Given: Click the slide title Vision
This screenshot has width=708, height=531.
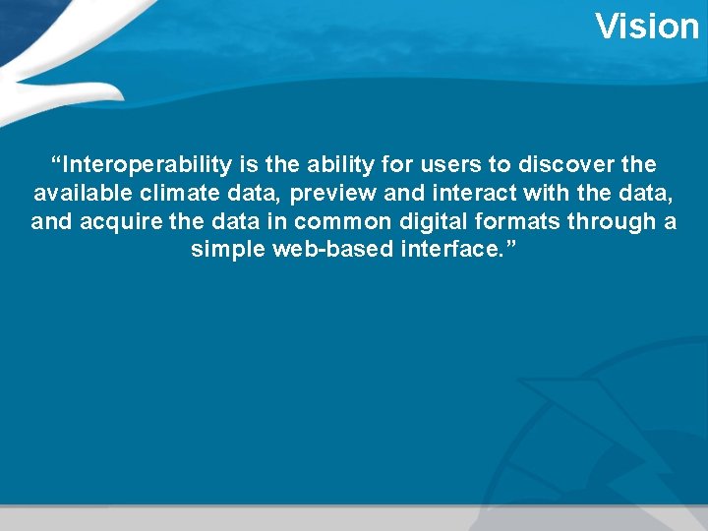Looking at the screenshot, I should tap(646, 27).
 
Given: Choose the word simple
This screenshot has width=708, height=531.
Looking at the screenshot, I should tap(227, 250).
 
